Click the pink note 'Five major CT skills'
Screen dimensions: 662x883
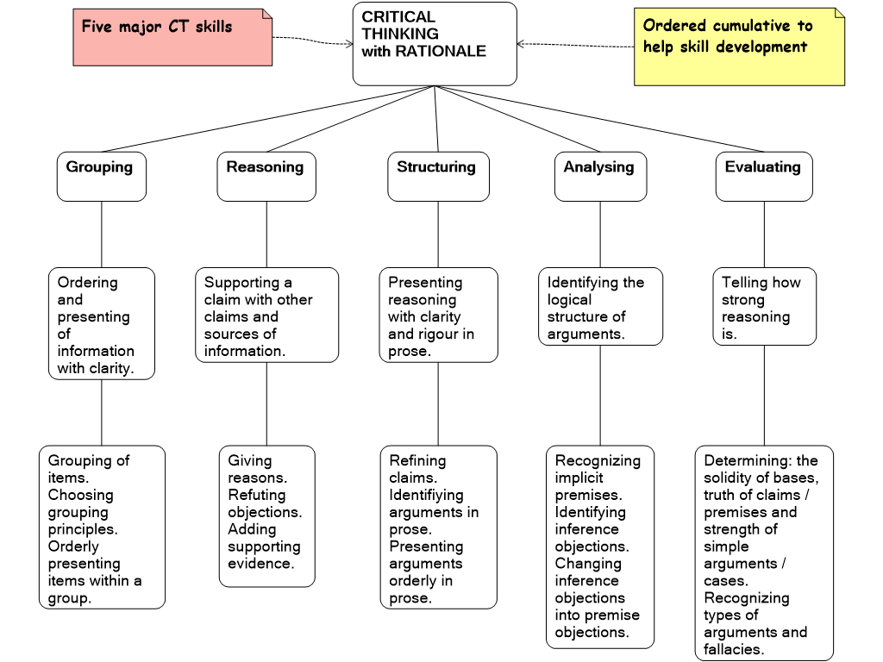(172, 37)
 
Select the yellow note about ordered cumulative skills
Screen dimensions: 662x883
(739, 47)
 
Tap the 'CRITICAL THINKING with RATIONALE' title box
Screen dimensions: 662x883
(435, 43)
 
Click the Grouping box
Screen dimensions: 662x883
(101, 176)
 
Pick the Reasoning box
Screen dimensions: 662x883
(266, 176)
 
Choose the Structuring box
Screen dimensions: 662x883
(437, 176)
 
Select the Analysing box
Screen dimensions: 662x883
(599, 176)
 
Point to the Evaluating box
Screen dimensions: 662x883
(763, 176)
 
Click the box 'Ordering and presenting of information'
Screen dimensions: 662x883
(101, 324)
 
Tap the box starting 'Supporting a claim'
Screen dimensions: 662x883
(266, 315)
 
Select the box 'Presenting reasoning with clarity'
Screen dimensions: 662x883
(438, 315)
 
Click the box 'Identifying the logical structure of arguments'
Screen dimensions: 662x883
(600, 307)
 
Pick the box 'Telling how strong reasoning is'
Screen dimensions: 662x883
(764, 307)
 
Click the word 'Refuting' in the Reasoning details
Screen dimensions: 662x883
(256, 495)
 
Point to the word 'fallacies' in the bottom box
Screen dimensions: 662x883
(734, 649)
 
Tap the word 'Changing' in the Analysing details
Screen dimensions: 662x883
(587, 564)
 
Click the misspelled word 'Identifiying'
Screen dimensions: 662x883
(426, 495)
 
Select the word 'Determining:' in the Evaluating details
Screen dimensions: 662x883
(748, 460)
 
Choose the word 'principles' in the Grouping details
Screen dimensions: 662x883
(83, 529)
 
